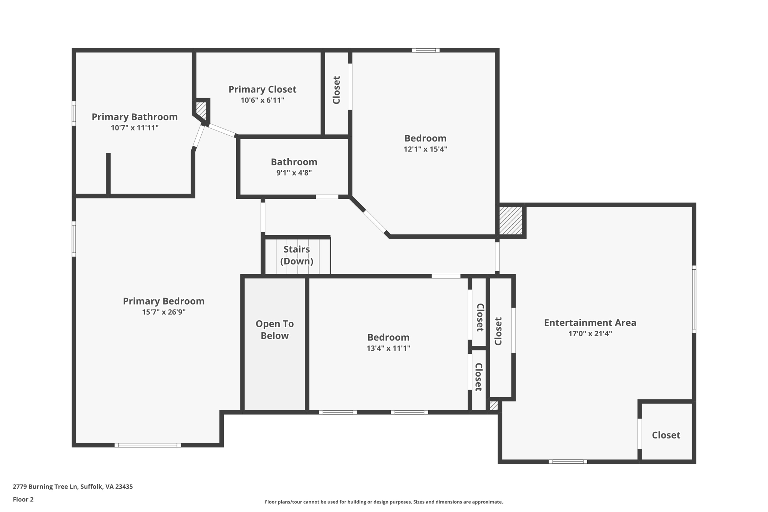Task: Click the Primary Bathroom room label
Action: pos(135,117)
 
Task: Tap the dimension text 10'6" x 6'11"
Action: pos(262,100)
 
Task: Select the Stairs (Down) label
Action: pos(297,255)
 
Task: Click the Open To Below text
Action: pos(274,330)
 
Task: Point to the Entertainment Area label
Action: pos(590,323)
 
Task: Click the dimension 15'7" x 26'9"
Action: pos(163,312)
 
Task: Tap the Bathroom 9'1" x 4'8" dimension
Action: pos(294,173)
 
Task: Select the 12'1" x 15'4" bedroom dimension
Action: pos(425,149)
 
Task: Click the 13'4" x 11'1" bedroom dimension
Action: pos(388,348)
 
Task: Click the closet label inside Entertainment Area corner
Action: pos(666,435)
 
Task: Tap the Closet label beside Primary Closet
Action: pos(336,90)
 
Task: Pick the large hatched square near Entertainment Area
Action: pos(511,221)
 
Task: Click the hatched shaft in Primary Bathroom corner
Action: pos(201,109)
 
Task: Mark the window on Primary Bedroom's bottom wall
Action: pos(147,445)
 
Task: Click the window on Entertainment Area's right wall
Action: pos(694,299)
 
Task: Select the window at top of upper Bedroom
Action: pos(426,50)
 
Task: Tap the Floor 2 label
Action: pos(23,499)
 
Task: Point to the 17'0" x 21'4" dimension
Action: pos(590,333)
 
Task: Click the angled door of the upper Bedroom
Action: pos(375,222)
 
